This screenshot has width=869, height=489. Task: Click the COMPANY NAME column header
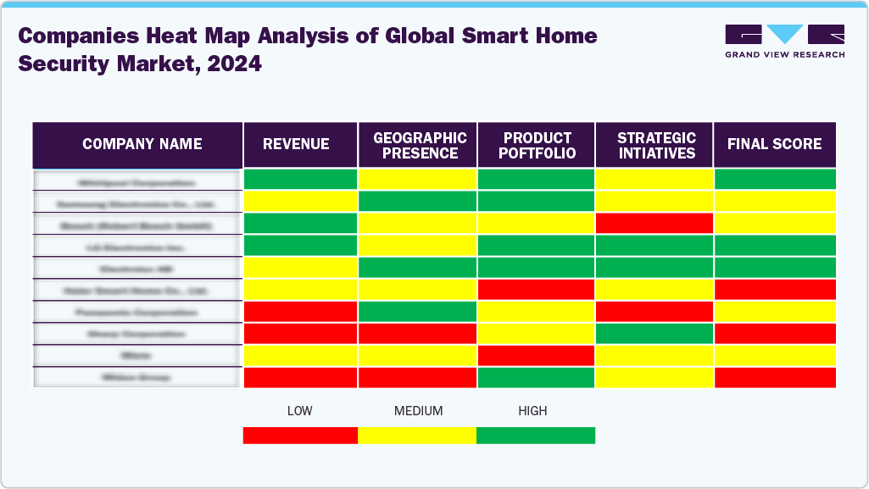point(142,144)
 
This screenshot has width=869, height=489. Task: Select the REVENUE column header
point(296,144)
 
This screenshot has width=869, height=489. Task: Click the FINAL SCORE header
point(774,144)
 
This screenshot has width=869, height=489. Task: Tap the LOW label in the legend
point(299,411)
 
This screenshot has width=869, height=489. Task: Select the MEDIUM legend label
point(418,411)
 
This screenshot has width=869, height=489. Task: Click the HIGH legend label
point(532,411)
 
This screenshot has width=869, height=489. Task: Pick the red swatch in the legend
point(300,435)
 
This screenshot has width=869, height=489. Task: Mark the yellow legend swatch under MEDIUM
point(417,435)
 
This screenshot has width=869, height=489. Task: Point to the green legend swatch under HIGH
point(536,435)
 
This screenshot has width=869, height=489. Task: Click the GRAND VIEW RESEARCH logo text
point(784,54)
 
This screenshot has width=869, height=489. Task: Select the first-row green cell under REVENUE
point(300,180)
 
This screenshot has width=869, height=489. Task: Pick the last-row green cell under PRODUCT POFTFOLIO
point(536,377)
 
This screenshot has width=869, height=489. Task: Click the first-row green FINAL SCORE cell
point(775,180)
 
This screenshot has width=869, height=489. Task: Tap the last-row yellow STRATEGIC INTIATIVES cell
point(654,377)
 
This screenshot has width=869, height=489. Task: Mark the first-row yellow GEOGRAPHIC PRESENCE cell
point(417,180)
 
